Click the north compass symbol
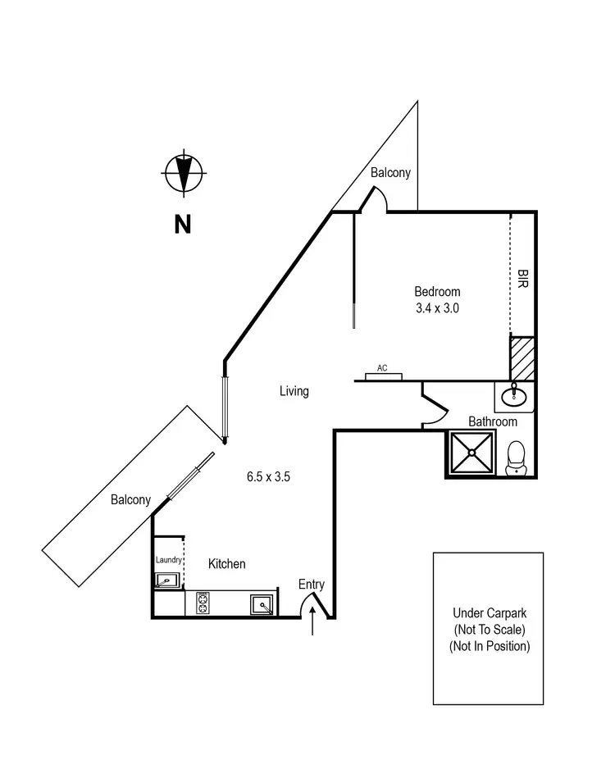pyautogui.click(x=183, y=174)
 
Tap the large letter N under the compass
pyautogui.click(x=182, y=223)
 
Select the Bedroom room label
pyautogui.click(x=437, y=291)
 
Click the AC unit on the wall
pyautogui.click(x=382, y=376)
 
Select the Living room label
pyautogui.click(x=294, y=391)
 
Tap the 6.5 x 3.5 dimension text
pyautogui.click(x=269, y=476)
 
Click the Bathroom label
pyautogui.click(x=493, y=421)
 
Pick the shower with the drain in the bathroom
pyautogui.click(x=471, y=452)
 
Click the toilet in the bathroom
pyautogui.click(x=516, y=458)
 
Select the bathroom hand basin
pyautogui.click(x=513, y=397)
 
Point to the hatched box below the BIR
pyautogui.click(x=522, y=357)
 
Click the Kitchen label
pyautogui.click(x=226, y=564)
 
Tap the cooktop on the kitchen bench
pyautogui.click(x=203, y=604)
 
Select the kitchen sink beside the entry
pyautogui.click(x=262, y=605)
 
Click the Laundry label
pyautogui.click(x=168, y=560)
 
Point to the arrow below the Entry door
pyautogui.click(x=312, y=621)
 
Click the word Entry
pyautogui.click(x=312, y=585)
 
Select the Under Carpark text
pyautogui.click(x=490, y=612)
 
